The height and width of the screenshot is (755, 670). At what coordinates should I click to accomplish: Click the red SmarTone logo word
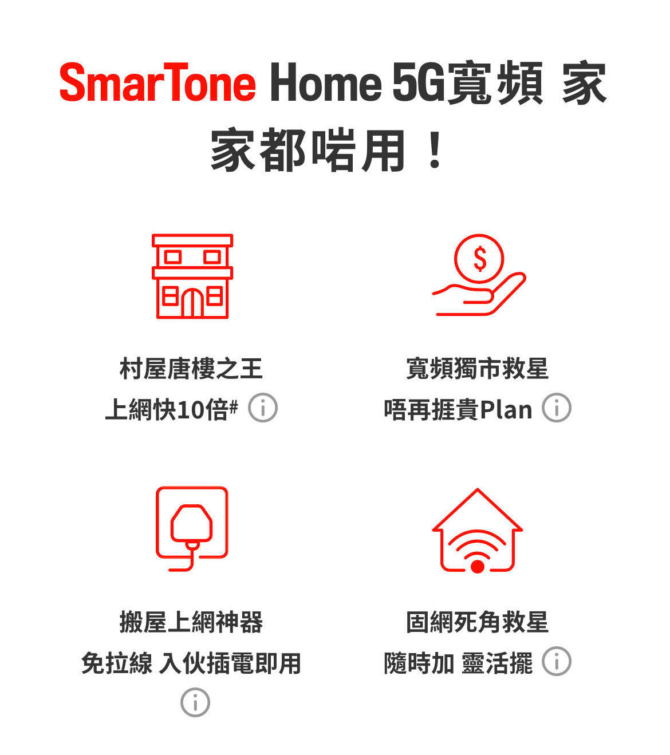pyautogui.click(x=157, y=84)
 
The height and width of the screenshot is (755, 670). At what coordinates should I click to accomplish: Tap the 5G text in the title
pyautogui.click(x=418, y=84)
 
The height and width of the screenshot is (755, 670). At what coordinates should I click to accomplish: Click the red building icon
pyautogui.click(x=192, y=276)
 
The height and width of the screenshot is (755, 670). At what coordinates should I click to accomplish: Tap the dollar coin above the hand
pyautogui.click(x=479, y=259)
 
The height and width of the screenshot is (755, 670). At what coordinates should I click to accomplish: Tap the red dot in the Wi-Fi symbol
pyautogui.click(x=478, y=567)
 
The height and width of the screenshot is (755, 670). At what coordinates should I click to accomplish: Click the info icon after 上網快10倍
pyautogui.click(x=263, y=408)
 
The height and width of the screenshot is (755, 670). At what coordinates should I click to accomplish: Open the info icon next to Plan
pyautogui.click(x=557, y=408)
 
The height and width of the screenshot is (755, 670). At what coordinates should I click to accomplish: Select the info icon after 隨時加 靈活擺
pyautogui.click(x=557, y=662)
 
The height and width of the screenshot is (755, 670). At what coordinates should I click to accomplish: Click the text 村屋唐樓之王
pyautogui.click(x=191, y=369)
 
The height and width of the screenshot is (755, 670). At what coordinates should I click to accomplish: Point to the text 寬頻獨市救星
pyautogui.click(x=477, y=369)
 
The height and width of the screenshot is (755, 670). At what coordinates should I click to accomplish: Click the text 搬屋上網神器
pyautogui.click(x=191, y=622)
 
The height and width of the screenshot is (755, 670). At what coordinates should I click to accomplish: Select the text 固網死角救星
pyautogui.click(x=477, y=622)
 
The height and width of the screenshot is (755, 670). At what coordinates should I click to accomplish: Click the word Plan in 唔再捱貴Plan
pyautogui.click(x=506, y=410)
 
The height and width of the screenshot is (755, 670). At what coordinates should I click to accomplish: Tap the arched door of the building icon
pyautogui.click(x=192, y=303)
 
